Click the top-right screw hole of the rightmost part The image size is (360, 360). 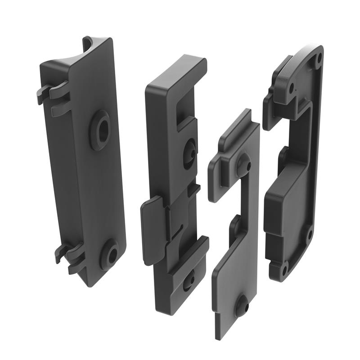[x=318, y=58]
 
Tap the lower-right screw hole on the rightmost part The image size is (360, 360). [x=309, y=234]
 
